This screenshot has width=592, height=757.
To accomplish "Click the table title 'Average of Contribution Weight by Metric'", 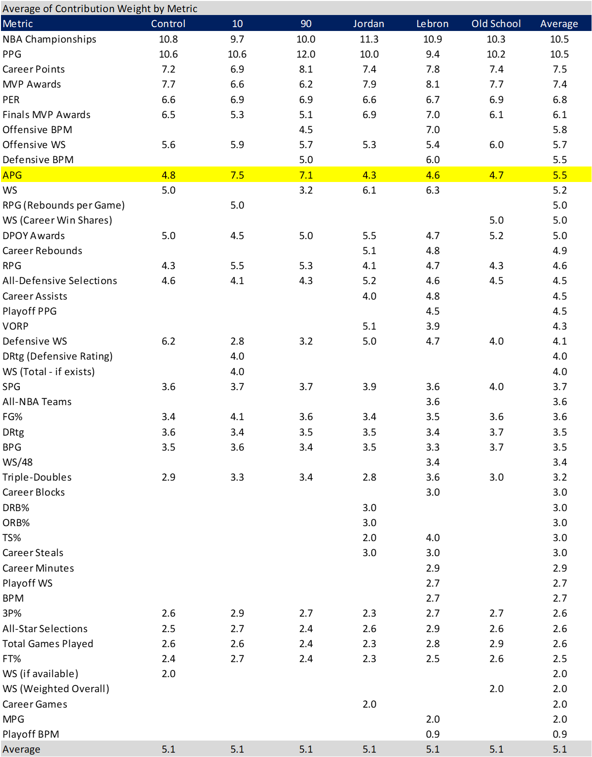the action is (x=100, y=9).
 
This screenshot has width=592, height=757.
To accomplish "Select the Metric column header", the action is (x=18, y=24).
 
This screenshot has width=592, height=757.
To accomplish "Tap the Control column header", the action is (x=168, y=24).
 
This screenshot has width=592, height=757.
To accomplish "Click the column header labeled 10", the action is (x=237, y=24).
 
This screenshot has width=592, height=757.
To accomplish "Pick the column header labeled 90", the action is (x=306, y=24).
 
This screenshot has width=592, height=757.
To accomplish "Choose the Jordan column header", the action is (x=368, y=24).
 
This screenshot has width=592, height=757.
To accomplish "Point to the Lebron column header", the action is (x=432, y=24).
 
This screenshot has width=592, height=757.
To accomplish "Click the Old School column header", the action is (x=496, y=24).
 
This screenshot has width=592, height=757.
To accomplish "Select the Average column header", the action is (x=559, y=24).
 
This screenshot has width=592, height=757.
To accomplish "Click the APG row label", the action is (x=13, y=175).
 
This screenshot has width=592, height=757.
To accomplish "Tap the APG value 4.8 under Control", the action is (x=168, y=175).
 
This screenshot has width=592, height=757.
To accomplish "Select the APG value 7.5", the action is (x=237, y=175).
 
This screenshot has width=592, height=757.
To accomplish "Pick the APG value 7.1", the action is (x=306, y=175).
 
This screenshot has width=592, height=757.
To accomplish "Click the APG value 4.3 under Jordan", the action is (x=369, y=175).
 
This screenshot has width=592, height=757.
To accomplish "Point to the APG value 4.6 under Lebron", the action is (x=433, y=175).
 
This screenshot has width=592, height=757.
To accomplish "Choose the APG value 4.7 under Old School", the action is (x=496, y=175).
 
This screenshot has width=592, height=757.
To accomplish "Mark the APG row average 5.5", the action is (x=560, y=175).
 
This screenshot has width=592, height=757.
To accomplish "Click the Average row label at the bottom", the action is (x=21, y=749).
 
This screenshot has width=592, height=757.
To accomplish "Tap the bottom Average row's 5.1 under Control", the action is (x=168, y=749).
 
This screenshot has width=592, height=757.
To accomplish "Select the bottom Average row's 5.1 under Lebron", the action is (x=433, y=749).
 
